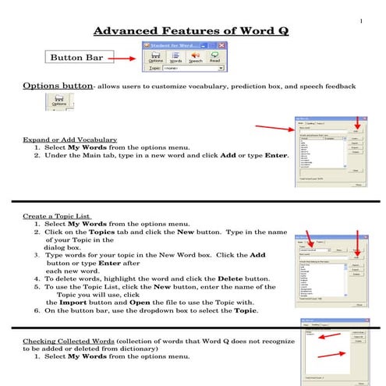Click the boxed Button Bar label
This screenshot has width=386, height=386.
pyautogui.click(x=77, y=57)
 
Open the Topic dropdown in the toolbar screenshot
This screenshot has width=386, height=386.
pyautogui.click(x=221, y=69)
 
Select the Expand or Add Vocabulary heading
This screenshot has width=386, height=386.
pyautogui.click(x=69, y=140)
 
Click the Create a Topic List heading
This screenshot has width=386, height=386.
pyautogui.click(x=57, y=215)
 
